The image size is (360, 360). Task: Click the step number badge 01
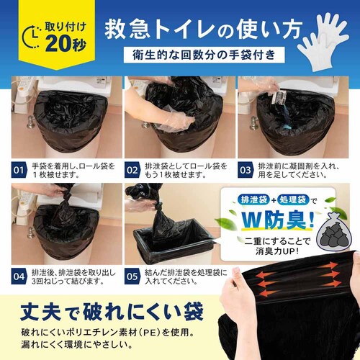22,171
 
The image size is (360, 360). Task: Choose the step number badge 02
133,171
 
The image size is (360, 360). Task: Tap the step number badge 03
246,171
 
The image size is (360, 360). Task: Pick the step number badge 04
22,274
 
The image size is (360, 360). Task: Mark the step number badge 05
133,274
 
